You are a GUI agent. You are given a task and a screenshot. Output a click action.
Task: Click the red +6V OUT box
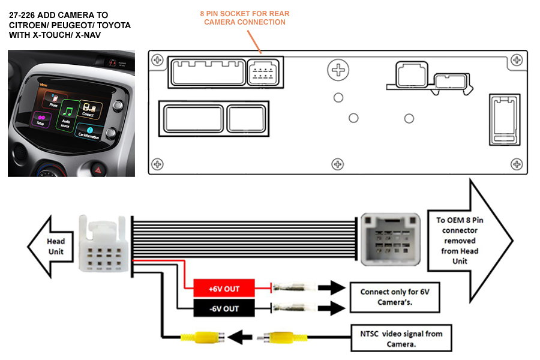coord(224,289)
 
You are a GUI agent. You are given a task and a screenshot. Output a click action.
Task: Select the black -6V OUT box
coord(224,308)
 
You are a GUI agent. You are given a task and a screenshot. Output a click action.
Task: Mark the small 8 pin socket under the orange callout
coord(262,73)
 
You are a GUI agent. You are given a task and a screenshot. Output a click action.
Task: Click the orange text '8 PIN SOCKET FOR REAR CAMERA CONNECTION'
coord(244,18)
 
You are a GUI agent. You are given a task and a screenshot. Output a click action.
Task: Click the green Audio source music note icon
coord(68,112)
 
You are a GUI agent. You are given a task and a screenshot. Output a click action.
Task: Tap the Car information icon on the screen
coord(89,132)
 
